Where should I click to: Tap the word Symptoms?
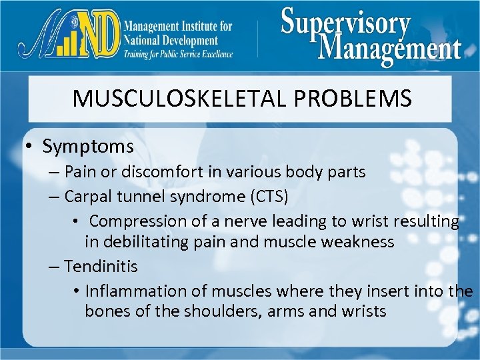click(x=88, y=146)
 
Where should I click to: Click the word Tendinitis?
click(x=101, y=267)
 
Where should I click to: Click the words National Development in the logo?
click(x=171, y=40)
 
